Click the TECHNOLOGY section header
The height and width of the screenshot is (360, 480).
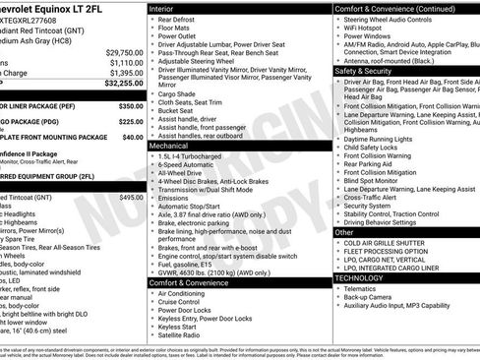coord(359,277)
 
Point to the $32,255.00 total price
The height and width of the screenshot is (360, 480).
coord(119,86)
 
